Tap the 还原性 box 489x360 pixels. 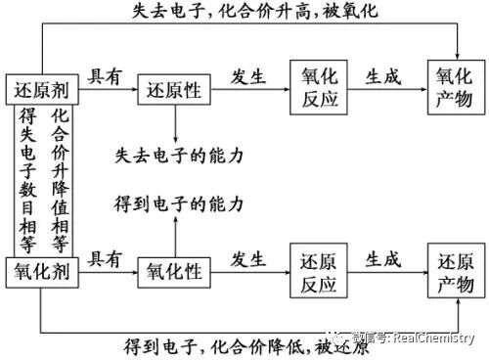click(x=173, y=89)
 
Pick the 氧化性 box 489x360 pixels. click(x=174, y=273)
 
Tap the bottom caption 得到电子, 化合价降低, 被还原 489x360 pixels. click(x=249, y=346)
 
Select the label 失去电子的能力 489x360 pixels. click(x=179, y=156)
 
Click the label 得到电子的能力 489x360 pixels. click(x=179, y=203)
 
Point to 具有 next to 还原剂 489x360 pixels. click(x=106, y=75)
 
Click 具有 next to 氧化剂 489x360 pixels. click(x=106, y=259)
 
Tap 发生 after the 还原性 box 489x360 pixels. click(x=248, y=75)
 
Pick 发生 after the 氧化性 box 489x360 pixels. click(x=248, y=259)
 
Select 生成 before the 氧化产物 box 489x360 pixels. click(x=382, y=75)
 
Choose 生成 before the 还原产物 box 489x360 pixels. click(x=382, y=259)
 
